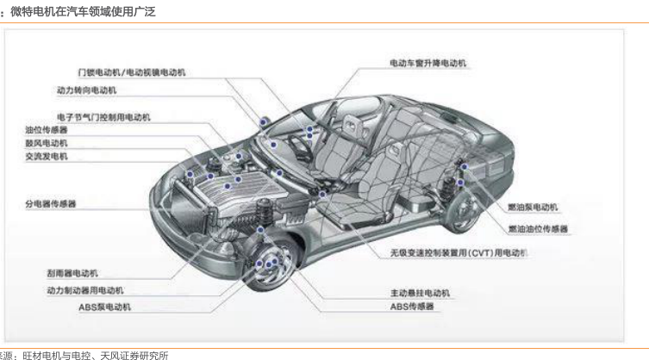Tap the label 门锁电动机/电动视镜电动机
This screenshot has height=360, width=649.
tap(131, 72)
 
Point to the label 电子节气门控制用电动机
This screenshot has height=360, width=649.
tap(103, 116)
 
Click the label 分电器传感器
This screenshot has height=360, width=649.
tap(51, 204)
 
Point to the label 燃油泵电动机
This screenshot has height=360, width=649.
tap(534, 208)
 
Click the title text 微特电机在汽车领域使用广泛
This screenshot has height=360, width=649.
tap(83, 11)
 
